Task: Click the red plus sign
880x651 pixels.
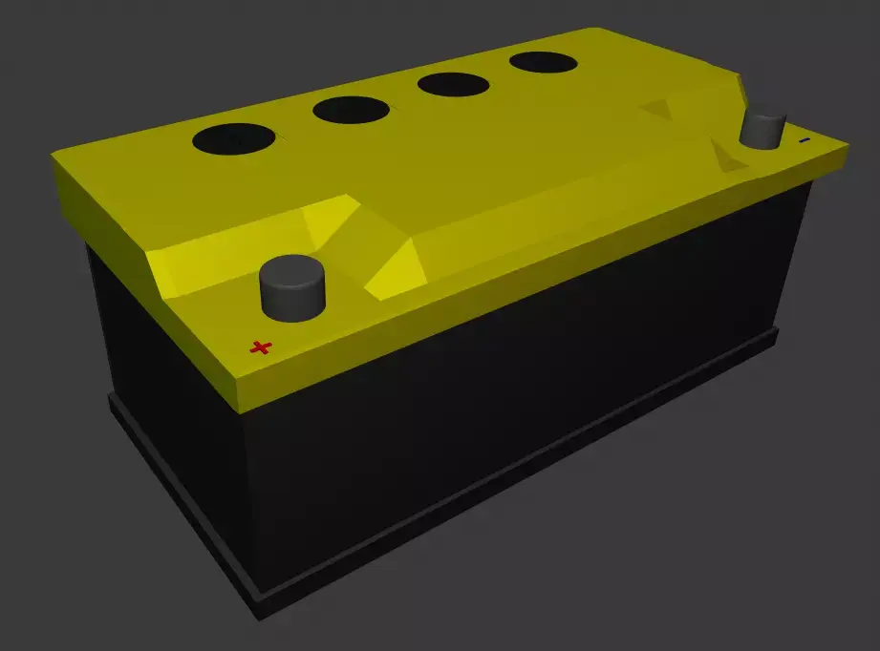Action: tap(261, 347)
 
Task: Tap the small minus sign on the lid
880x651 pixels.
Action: tap(804, 140)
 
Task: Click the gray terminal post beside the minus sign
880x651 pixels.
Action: tap(764, 128)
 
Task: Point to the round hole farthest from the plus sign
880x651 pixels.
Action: tap(543, 63)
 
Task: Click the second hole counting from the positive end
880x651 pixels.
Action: tap(351, 110)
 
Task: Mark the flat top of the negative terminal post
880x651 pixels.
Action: tap(765, 116)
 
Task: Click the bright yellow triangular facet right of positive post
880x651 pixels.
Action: tap(392, 267)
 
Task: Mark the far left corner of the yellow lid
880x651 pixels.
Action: tap(55, 157)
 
